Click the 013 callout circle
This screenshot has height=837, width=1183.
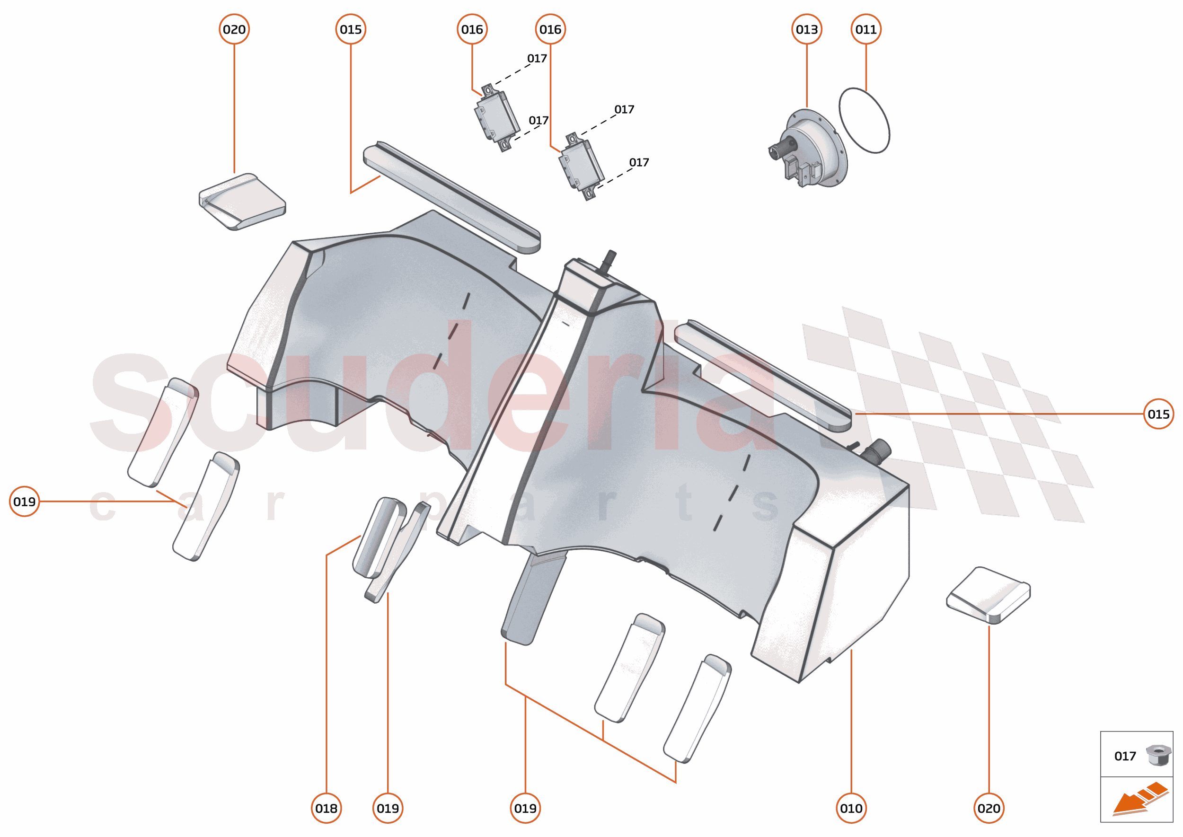(806, 29)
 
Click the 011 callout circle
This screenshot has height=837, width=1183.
(865, 29)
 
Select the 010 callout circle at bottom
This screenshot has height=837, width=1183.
(851, 808)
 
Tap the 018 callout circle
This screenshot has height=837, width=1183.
(327, 808)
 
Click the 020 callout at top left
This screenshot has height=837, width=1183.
(234, 29)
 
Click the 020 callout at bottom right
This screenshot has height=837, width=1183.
(989, 808)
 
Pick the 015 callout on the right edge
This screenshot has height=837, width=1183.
(1158, 414)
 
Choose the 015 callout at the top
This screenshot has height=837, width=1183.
(351, 29)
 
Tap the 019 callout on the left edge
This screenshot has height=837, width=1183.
(24, 501)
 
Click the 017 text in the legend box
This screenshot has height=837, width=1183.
(1125, 756)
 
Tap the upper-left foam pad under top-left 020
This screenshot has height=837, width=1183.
(242, 202)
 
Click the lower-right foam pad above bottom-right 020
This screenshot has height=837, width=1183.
(988, 595)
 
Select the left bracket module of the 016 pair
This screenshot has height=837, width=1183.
(496, 117)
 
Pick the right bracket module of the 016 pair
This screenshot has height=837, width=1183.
(581, 167)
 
